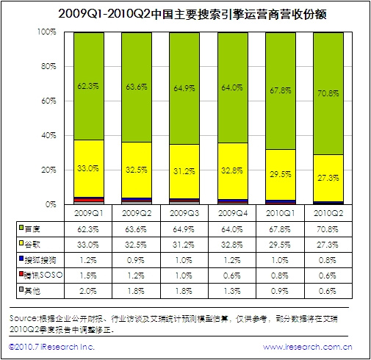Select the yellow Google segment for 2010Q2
pyautogui.click(x=328, y=177)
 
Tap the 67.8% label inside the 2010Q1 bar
pyautogui.click(x=281, y=90)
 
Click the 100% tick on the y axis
pyautogui.click(x=46, y=32)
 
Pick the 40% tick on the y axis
pyautogui.click(x=48, y=136)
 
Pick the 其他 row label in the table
pyautogui.click(x=33, y=289)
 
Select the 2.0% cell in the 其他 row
pyautogui.click(x=89, y=289)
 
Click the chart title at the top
pyautogui.click(x=185, y=13)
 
